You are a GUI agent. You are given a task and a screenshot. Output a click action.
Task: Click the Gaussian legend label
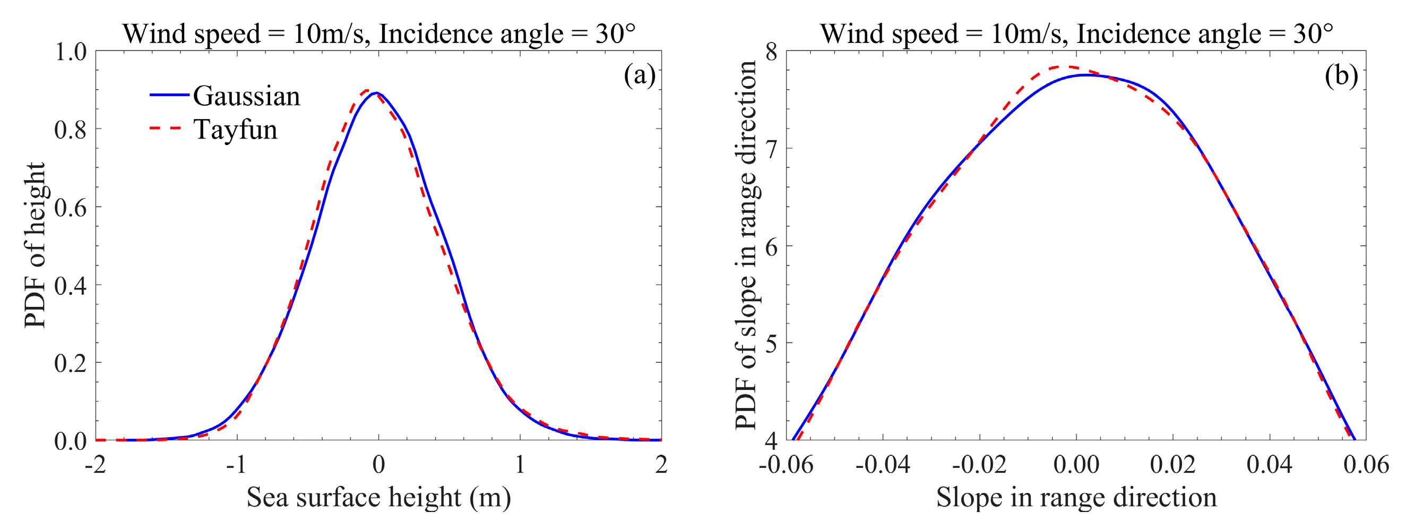(x=246, y=96)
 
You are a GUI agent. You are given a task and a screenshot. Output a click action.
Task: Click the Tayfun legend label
(x=235, y=130)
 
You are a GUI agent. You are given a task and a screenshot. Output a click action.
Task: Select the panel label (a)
(x=639, y=75)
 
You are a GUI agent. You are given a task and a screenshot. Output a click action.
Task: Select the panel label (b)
(x=1341, y=75)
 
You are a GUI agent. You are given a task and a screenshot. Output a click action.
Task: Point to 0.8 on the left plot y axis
(x=71, y=130)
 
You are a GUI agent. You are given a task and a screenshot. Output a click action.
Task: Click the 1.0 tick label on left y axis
(x=71, y=52)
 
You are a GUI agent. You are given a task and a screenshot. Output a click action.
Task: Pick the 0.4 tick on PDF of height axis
(x=71, y=286)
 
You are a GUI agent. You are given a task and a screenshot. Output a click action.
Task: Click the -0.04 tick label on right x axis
(x=883, y=465)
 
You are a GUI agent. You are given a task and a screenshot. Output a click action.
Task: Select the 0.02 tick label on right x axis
(x=1172, y=465)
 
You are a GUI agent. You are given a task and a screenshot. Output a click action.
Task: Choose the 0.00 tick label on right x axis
(x=1076, y=465)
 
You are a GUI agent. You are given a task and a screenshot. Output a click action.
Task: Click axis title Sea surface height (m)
(x=378, y=498)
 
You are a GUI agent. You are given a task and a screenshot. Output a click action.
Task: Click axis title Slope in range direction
(x=1076, y=498)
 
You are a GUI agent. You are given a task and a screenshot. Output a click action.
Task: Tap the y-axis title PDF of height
(x=35, y=245)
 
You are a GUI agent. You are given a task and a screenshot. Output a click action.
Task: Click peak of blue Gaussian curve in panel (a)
(x=376, y=93)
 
